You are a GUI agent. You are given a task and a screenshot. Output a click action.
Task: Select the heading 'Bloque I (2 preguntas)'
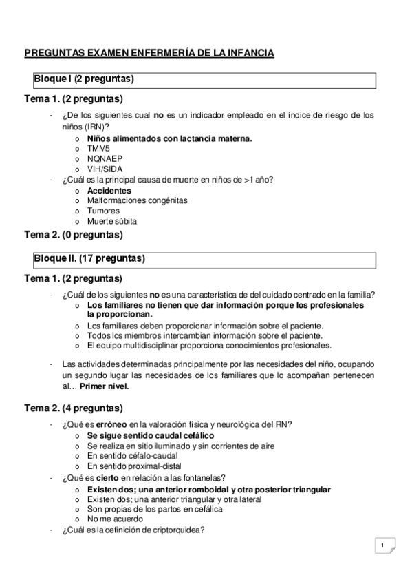pos(84,79)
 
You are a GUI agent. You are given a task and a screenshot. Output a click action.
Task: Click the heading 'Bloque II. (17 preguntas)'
pos(89,260)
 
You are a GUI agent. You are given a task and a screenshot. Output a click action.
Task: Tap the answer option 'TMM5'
pos(98,148)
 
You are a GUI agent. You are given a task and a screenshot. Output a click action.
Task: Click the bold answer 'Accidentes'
pos(109,190)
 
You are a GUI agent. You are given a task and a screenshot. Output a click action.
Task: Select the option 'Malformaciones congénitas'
pos(137,200)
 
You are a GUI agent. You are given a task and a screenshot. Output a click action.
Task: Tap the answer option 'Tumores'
pos(103,211)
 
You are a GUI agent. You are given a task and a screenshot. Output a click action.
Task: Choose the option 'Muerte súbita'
pos(111,221)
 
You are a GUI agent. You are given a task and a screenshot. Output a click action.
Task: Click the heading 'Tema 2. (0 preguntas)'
pos(74,235)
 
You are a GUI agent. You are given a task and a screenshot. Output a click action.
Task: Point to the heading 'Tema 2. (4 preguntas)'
pos(74,408)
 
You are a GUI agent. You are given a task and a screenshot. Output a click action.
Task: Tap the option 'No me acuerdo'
pos(115,519)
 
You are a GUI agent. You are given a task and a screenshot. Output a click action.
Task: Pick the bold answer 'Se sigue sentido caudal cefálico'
pos(150,435)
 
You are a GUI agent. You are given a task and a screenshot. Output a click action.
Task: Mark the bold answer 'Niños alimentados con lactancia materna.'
pos(169,138)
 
